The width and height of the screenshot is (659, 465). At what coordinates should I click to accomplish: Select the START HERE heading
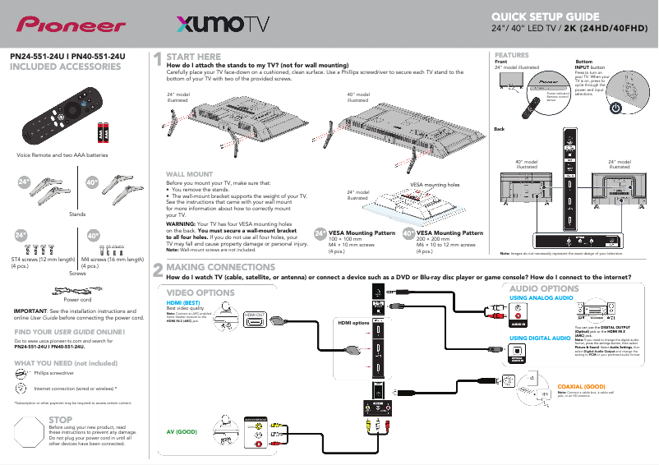coord(193,57)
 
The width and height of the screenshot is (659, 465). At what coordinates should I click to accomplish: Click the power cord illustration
coord(76,289)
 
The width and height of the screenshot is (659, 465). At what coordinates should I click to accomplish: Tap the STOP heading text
coord(62,420)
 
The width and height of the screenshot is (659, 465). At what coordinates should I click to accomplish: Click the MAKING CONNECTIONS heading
coord(220,268)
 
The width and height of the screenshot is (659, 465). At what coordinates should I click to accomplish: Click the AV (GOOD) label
coord(182,430)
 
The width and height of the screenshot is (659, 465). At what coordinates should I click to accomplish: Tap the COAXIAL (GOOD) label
coord(581,385)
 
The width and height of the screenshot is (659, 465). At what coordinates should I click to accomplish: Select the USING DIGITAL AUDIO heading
coord(541,338)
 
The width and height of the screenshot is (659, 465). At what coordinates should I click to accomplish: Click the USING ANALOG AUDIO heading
coord(541,297)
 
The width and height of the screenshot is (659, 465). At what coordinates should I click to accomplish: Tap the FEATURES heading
coord(511,54)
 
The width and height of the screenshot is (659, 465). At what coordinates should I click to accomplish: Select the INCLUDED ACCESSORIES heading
coord(65,67)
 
